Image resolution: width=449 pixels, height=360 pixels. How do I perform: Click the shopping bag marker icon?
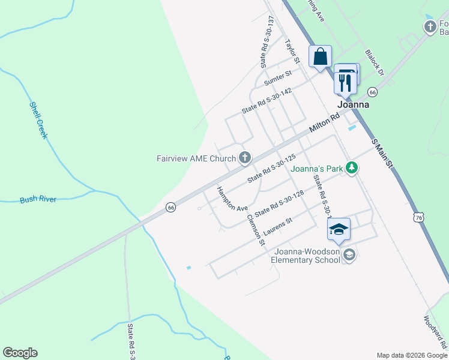click(321, 57)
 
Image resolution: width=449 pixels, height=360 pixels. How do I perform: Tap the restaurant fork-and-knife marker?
click(345, 82)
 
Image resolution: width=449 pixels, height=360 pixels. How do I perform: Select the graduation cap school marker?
click(338, 229)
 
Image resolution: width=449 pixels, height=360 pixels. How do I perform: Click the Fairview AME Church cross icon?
click(244, 158)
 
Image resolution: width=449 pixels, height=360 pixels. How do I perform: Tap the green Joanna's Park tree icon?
click(353, 169)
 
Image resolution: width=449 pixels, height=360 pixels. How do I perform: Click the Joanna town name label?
click(352, 104)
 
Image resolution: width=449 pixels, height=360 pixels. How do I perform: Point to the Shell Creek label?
click(38, 120)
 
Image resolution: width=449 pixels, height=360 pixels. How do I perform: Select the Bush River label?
click(38, 199)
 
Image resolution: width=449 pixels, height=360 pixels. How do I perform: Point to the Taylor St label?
click(292, 52)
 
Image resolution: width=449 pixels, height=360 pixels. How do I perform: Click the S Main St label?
click(382, 154)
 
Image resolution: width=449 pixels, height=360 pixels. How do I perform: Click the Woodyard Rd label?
click(435, 331)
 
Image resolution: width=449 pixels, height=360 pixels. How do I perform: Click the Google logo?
click(20, 353)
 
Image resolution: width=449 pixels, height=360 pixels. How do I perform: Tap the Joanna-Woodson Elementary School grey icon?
click(349, 255)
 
